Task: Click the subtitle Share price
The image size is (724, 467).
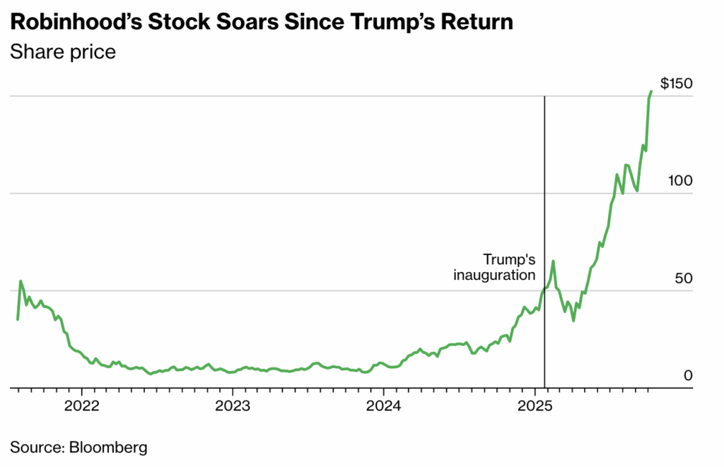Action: click(x=63, y=52)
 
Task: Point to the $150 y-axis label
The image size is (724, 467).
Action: click(x=675, y=83)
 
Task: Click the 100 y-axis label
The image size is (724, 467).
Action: click(x=680, y=181)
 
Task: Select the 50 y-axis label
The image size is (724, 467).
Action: click(x=683, y=278)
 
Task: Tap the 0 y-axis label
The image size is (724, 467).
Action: click(x=687, y=376)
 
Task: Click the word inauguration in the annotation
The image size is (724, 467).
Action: click(x=495, y=274)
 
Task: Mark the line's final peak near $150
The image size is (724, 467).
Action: click(x=651, y=91)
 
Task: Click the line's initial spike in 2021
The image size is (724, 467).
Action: click(x=21, y=281)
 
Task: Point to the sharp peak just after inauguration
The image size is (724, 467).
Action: click(x=553, y=261)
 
